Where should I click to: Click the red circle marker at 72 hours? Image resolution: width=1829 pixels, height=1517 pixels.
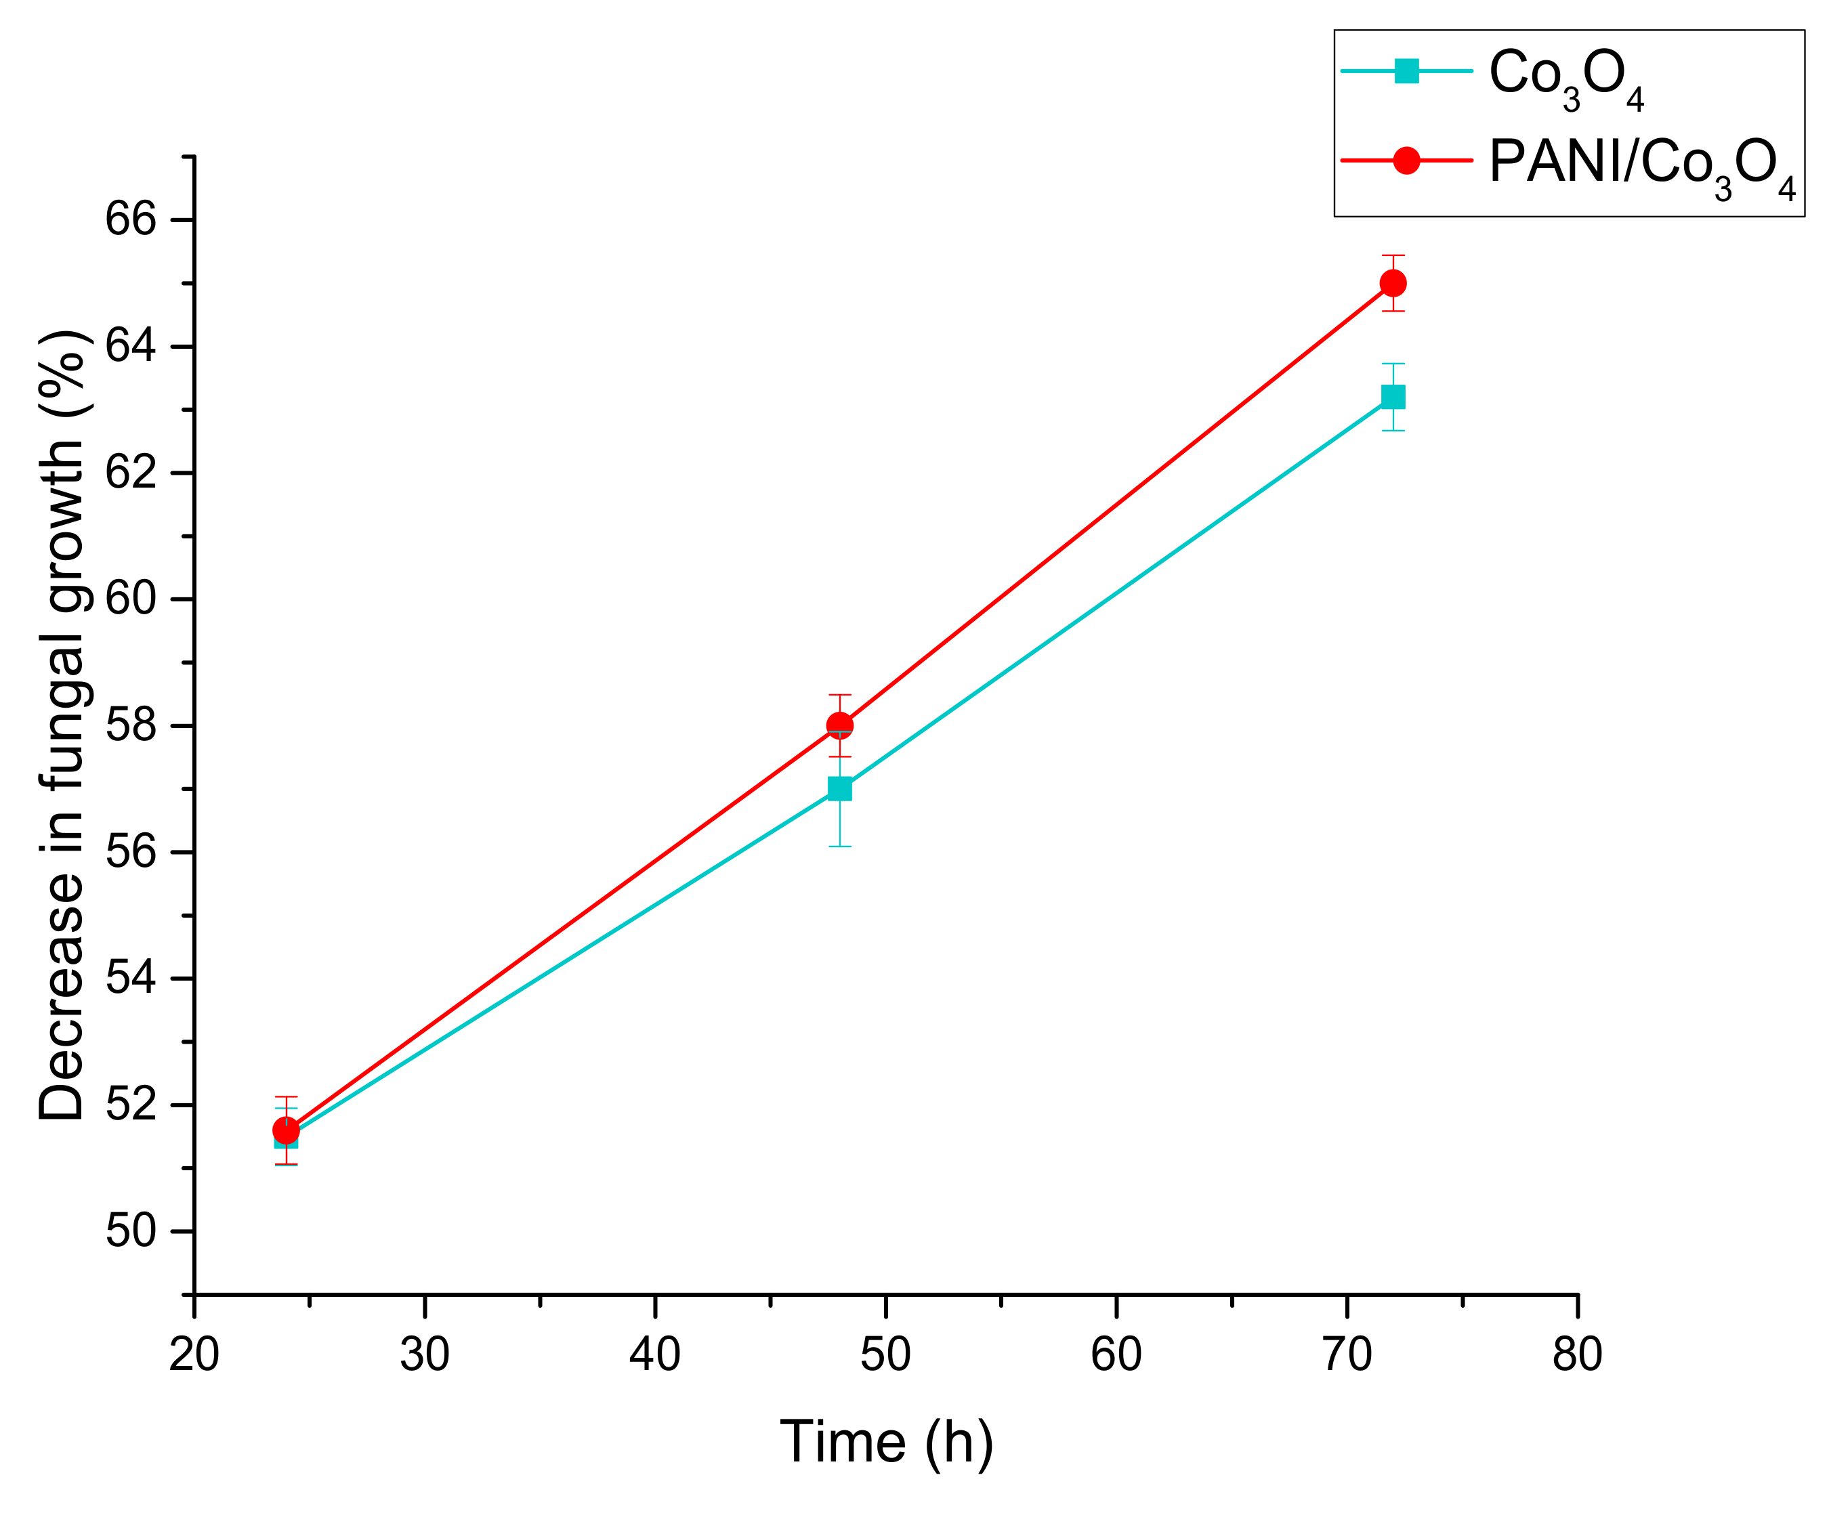1393,283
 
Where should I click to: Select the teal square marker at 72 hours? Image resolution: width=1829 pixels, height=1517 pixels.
1393,397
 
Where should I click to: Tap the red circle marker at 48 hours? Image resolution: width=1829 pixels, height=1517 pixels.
839,725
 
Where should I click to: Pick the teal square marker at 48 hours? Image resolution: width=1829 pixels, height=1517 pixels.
839,789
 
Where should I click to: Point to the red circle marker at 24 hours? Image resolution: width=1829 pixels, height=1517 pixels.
286,1130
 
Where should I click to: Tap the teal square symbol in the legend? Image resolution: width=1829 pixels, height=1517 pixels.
1406,70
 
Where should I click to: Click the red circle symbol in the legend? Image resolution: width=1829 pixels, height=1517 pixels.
1406,161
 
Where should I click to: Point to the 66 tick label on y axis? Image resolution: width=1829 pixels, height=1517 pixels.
131,219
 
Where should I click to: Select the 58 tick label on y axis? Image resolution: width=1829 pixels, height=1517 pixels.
131,725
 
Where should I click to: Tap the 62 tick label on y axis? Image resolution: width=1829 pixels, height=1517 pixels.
131,473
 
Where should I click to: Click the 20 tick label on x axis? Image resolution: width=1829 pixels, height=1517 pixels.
193,1355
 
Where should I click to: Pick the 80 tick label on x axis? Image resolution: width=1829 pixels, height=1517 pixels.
1577,1355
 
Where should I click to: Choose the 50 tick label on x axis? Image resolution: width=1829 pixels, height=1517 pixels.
886,1355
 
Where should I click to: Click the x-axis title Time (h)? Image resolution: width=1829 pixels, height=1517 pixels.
886,1444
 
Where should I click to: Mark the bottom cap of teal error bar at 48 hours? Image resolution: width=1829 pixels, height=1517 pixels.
839,847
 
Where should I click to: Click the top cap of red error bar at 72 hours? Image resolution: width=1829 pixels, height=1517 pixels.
1393,255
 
